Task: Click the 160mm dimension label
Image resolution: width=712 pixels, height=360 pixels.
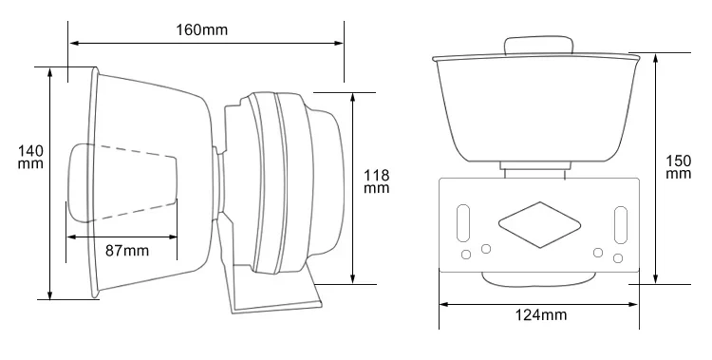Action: (x=202, y=28)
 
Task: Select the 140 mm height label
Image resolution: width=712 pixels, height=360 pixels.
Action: (x=31, y=157)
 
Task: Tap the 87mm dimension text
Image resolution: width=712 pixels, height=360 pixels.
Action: (x=126, y=251)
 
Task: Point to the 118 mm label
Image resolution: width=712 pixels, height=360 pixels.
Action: (x=377, y=180)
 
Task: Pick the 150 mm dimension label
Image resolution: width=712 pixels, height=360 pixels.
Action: (x=678, y=167)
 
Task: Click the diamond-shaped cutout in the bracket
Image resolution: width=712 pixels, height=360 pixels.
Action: (x=538, y=220)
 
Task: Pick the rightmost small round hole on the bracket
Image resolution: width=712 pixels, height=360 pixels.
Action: (x=617, y=258)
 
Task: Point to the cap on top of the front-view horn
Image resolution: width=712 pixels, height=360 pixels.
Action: (x=539, y=46)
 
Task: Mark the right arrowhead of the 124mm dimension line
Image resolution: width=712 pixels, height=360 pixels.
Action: (x=633, y=304)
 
